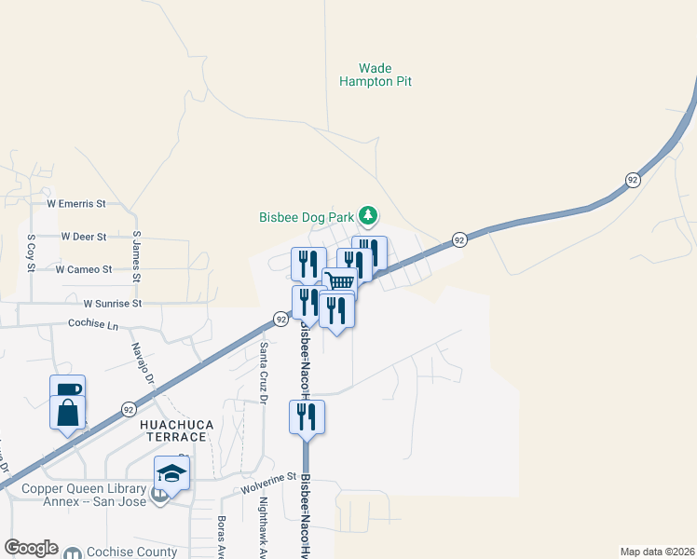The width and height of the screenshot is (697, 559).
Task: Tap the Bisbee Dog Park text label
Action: click(307, 217)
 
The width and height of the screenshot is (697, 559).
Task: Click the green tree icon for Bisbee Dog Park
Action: click(369, 216)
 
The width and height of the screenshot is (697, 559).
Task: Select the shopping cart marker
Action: click(340, 282)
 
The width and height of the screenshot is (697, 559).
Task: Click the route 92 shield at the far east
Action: click(633, 180)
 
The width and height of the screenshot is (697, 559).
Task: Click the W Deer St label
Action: click(83, 237)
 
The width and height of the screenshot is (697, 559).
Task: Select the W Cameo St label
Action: click(83, 269)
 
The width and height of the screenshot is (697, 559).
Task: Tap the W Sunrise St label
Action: click(111, 304)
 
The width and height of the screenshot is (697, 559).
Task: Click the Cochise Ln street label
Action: click(94, 324)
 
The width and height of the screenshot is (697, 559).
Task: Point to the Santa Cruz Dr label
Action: click(264, 373)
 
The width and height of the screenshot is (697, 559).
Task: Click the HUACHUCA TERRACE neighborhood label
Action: click(177, 430)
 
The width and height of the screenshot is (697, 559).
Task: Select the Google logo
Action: click(31, 548)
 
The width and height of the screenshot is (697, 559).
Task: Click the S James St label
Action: click(136, 257)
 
